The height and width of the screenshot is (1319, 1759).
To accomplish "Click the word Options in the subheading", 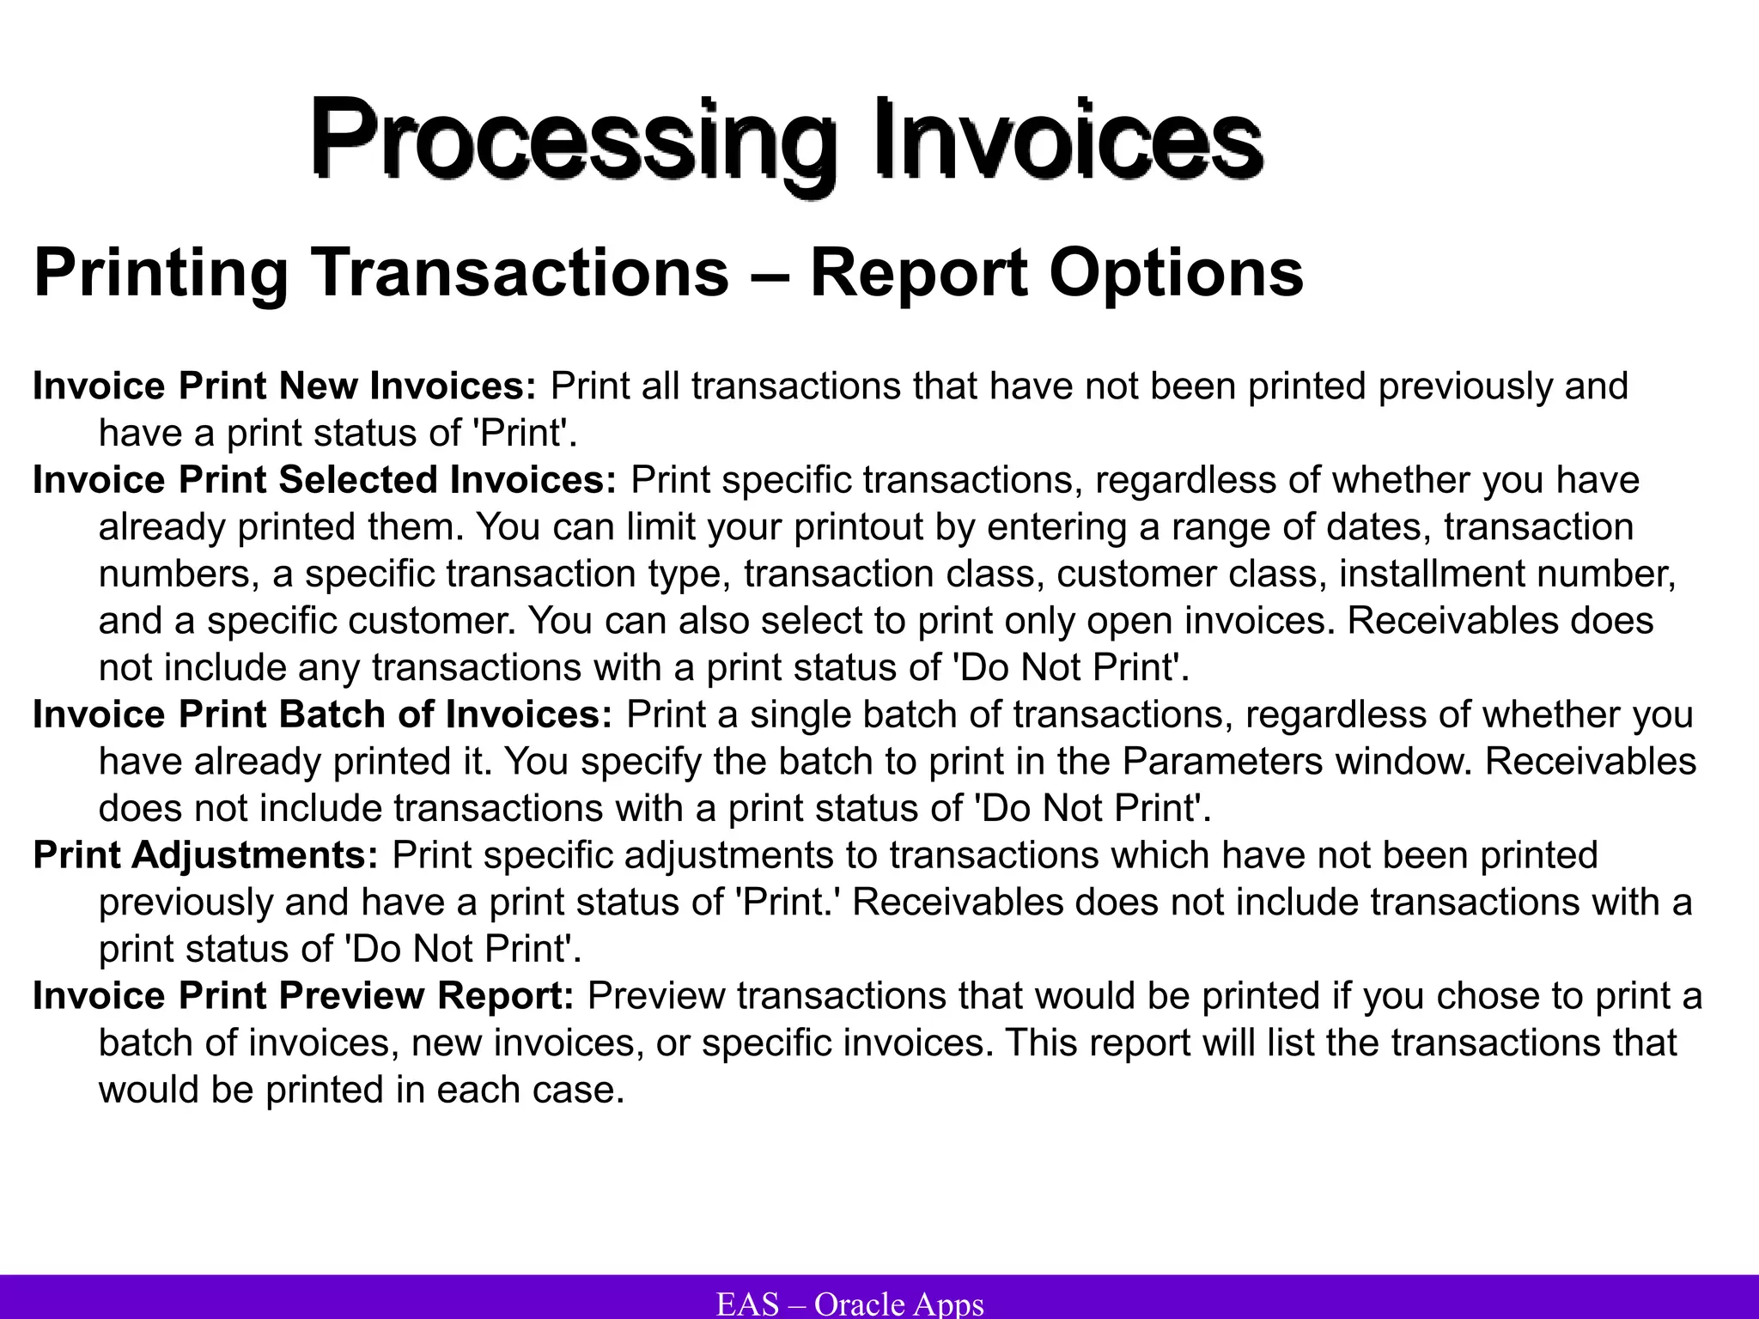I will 1176,273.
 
